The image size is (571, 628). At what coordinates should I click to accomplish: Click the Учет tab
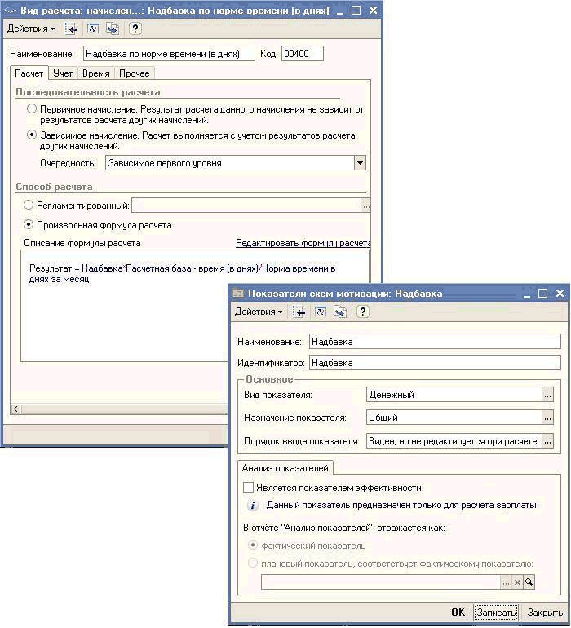point(63,73)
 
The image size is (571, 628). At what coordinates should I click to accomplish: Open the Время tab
point(95,73)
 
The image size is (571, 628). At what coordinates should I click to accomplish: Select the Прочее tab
point(134,73)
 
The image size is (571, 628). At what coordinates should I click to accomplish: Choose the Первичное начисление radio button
point(32,108)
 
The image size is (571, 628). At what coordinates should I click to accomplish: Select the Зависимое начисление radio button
point(32,135)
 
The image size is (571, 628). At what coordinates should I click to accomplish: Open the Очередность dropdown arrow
point(360,163)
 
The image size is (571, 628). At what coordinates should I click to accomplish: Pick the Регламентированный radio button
point(29,206)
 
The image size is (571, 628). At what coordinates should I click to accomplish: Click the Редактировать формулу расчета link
point(303,243)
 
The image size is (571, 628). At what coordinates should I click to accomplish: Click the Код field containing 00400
point(302,54)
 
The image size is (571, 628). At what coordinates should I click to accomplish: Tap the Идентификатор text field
point(435,362)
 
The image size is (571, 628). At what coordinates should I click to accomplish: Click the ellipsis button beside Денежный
point(547,395)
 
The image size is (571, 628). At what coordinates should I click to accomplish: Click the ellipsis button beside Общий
point(547,418)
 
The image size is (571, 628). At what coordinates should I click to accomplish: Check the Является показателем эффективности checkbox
point(249,487)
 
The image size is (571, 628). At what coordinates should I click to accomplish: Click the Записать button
point(496,613)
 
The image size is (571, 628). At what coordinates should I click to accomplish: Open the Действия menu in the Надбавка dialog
point(259,312)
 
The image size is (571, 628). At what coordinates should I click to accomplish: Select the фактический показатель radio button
point(253,546)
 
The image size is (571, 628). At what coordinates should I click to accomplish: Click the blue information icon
point(253,505)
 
